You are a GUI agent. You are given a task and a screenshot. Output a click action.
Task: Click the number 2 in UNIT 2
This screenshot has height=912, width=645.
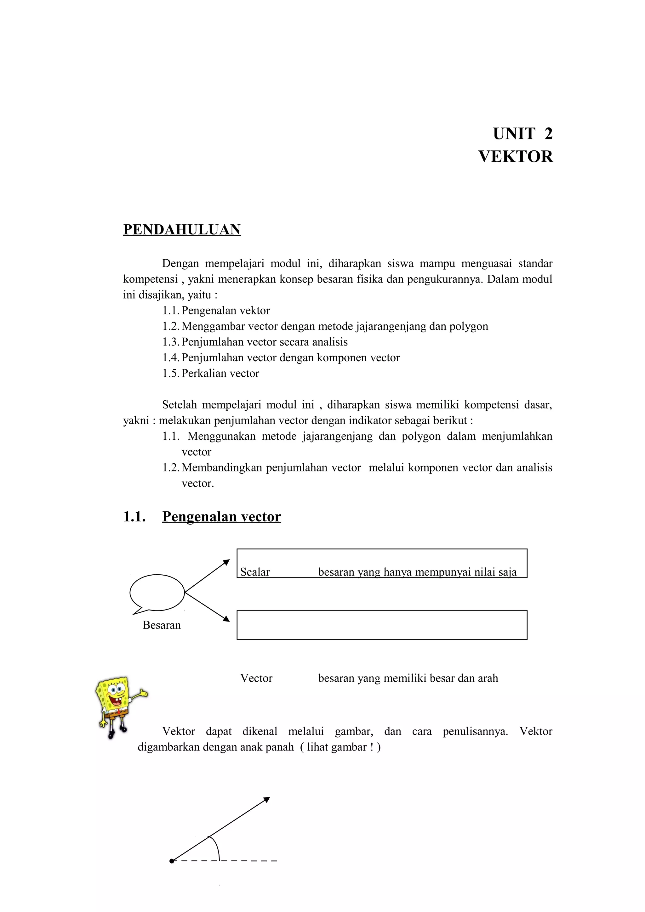click(x=548, y=134)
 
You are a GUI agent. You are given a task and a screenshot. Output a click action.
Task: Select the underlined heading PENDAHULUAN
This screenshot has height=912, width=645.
click(x=182, y=230)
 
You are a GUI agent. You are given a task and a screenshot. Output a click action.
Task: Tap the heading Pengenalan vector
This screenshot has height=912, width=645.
click(x=221, y=516)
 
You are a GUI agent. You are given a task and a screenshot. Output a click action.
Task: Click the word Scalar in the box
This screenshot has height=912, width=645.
click(x=255, y=572)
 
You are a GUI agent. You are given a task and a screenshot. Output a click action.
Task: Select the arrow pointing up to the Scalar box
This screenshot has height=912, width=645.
click(x=208, y=576)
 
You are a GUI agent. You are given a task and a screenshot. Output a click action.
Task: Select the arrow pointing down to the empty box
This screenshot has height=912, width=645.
click(x=208, y=607)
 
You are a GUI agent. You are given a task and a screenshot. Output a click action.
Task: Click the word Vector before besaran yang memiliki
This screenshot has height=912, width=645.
click(x=256, y=678)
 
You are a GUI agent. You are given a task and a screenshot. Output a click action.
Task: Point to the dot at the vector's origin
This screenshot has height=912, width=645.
click(x=172, y=861)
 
